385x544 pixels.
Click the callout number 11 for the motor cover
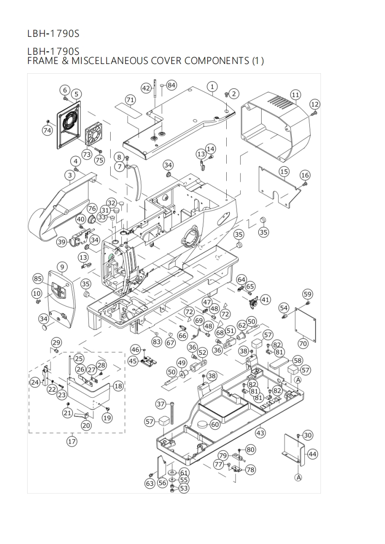click(296, 94)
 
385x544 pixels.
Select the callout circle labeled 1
click(212, 86)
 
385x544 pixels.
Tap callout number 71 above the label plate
click(130, 100)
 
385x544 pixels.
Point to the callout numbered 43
click(260, 432)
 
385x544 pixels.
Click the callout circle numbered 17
click(72, 442)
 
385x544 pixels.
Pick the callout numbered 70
click(303, 343)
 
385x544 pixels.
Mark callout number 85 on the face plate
click(38, 279)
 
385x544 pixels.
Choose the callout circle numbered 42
click(146, 88)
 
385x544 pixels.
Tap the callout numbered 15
click(284, 171)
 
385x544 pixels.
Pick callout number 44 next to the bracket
click(313, 454)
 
